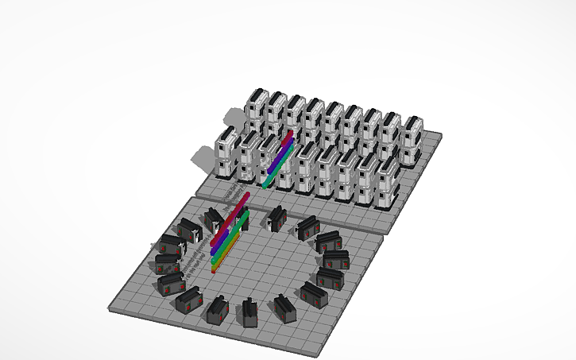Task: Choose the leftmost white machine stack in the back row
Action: pos(257,108)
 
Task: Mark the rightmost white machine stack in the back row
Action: pos(412,138)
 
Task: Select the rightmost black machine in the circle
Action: pos(334,258)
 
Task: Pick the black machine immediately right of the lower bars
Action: pos(276,218)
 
